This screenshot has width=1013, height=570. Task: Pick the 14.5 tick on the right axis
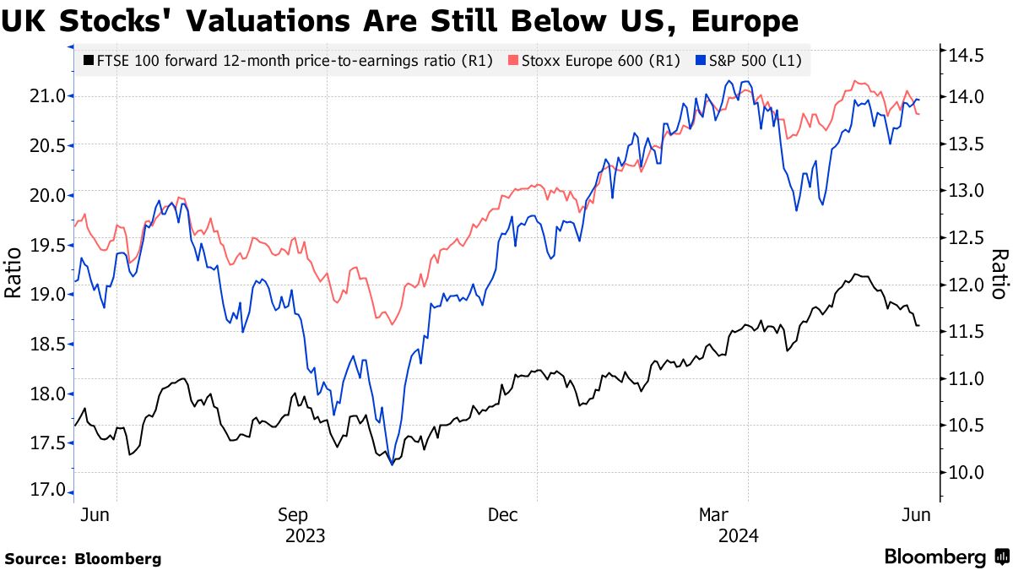click(964, 57)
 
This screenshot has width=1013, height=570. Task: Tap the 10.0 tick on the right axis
click(964, 472)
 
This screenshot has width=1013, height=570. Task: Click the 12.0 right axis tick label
click(964, 285)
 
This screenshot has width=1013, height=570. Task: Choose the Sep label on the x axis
click(306, 515)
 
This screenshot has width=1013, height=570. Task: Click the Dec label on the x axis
click(502, 515)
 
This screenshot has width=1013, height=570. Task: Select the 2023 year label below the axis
click(306, 535)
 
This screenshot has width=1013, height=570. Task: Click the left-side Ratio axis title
click(14, 274)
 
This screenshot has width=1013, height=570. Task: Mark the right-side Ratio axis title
click(999, 274)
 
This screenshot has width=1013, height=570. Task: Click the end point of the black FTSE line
click(918, 326)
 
